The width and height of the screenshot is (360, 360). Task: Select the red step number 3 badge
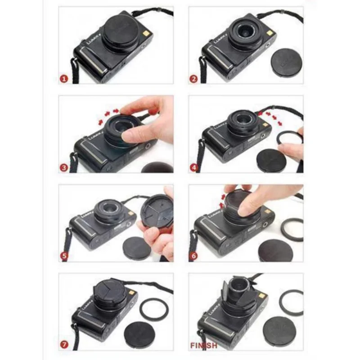(x=64, y=168)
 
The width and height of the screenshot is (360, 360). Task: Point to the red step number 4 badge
(x=194, y=168)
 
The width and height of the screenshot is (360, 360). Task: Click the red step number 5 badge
(x=64, y=257)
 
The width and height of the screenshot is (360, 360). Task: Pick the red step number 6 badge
(x=194, y=257)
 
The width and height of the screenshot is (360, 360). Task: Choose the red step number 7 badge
(x=64, y=346)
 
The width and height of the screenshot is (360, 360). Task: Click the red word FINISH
(x=204, y=346)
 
